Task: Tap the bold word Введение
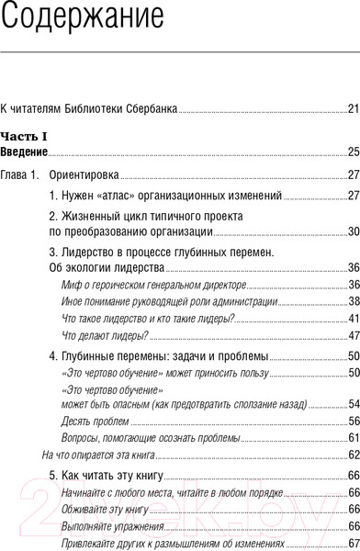(x=23, y=152)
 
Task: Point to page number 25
(x=353, y=152)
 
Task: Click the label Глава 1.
(x=18, y=174)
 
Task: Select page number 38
(x=353, y=301)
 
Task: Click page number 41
(x=353, y=318)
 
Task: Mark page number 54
(x=353, y=404)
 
